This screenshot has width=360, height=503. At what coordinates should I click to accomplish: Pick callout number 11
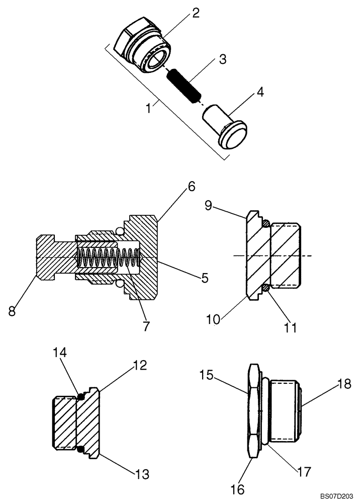(x=289, y=328)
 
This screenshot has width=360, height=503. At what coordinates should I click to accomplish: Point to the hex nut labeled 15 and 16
(x=255, y=410)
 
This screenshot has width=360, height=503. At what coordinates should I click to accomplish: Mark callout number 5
(x=205, y=277)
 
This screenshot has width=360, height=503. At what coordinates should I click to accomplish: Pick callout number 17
(x=304, y=472)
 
